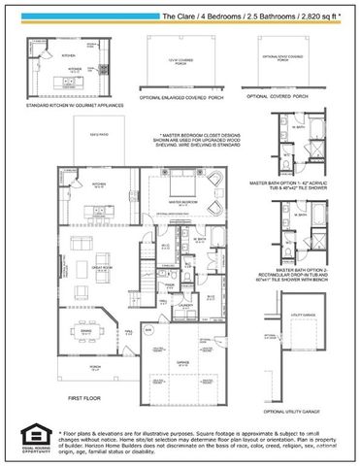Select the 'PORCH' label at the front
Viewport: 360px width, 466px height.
point(94,367)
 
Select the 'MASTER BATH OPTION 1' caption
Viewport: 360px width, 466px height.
point(296,182)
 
